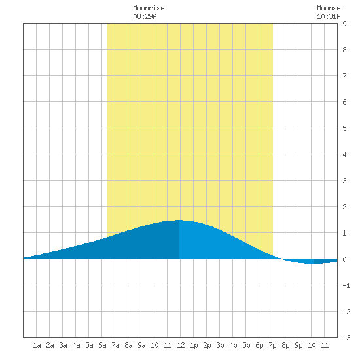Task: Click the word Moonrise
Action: click(x=149, y=8)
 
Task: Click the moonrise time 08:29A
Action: click(x=145, y=16)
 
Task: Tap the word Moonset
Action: click(x=331, y=8)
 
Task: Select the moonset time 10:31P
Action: click(x=329, y=16)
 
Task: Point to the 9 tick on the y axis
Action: click(x=344, y=24)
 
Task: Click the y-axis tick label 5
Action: click(x=344, y=128)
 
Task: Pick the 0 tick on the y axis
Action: click(x=344, y=259)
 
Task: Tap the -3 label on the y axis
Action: click(x=346, y=338)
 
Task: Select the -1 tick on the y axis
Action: click(x=346, y=285)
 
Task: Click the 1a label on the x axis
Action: click(x=37, y=345)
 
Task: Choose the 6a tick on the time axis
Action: click(x=102, y=345)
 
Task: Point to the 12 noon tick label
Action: click(x=181, y=345)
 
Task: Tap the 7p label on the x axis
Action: click(x=272, y=345)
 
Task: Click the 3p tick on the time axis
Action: click(x=220, y=345)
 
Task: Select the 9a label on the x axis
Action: click(x=141, y=345)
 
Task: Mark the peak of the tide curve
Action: click(x=179, y=220)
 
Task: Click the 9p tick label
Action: click(x=298, y=345)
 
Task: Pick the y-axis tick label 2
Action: click(x=344, y=207)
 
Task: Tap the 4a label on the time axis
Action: click(x=76, y=345)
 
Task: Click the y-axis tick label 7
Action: click(x=344, y=76)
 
